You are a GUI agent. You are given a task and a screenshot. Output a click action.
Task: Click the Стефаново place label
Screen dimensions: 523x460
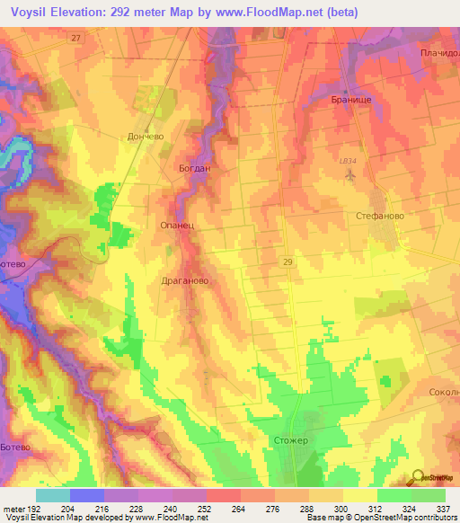(376, 217)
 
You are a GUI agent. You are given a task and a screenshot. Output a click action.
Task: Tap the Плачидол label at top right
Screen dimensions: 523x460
(439, 54)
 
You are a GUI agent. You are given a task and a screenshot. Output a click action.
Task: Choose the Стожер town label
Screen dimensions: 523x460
(289, 440)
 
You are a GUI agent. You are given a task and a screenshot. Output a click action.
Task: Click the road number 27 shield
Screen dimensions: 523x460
(76, 37)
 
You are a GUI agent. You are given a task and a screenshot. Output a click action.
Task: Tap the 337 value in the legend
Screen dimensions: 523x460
(444, 510)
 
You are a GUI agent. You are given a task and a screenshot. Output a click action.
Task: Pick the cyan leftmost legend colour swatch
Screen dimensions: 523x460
(53, 495)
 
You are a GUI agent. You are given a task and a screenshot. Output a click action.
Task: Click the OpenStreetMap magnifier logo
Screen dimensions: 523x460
(419, 476)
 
